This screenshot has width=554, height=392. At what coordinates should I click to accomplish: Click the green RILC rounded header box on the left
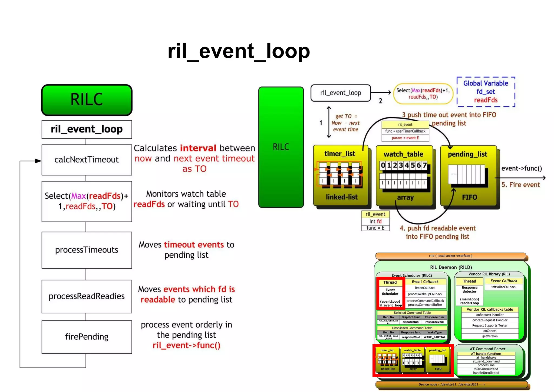point(87,99)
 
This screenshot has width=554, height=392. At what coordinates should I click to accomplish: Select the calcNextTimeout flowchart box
point(87,160)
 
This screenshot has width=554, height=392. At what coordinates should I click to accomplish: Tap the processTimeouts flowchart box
point(87,250)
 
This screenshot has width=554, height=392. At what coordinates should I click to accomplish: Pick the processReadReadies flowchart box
point(87,296)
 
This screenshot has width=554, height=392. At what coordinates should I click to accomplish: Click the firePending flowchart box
point(87,337)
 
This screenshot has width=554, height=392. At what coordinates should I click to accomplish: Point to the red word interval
point(198,148)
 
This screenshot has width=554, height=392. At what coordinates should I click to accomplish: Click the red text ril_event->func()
point(186,345)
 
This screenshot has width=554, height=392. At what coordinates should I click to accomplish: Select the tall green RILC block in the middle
point(281,147)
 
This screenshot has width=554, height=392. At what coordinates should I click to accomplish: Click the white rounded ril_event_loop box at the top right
point(341,93)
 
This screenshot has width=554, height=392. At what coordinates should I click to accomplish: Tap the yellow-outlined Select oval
point(423,94)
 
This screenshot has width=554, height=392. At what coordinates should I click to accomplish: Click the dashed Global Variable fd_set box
point(486,92)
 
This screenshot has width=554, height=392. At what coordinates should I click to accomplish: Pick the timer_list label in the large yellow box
point(340,154)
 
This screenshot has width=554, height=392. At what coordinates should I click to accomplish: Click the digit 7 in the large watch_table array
point(425,165)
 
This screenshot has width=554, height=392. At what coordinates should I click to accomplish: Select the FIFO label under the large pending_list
point(469,197)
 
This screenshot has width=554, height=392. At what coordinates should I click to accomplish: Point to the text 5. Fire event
point(520,185)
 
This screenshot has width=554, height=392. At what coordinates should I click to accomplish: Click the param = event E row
point(405,138)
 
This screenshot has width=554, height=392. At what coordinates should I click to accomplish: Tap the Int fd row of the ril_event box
point(375,221)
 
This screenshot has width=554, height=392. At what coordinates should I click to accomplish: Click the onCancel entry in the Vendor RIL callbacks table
point(490,331)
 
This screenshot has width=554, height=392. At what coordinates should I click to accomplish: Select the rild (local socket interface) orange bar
point(450,256)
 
